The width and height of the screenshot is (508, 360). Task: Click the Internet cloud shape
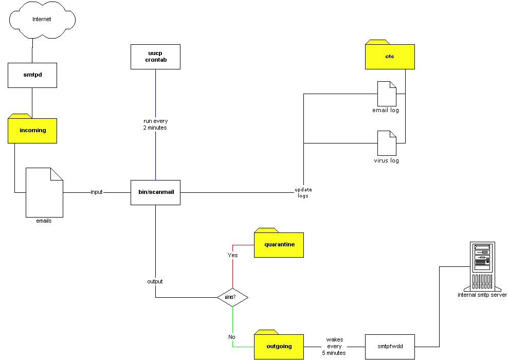pyautogui.click(x=42, y=20)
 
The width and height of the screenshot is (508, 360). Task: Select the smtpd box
pyautogui.click(x=32, y=75)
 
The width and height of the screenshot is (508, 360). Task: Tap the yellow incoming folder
pyautogui.click(x=32, y=130)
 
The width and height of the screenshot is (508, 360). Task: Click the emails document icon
pyautogui.click(x=44, y=193)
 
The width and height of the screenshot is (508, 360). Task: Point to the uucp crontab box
pyautogui.click(x=155, y=57)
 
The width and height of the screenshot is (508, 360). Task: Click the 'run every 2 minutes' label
pyautogui.click(x=155, y=124)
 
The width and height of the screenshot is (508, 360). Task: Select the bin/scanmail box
pyautogui.click(x=155, y=192)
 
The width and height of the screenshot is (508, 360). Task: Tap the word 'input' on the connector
pyautogui.click(x=97, y=192)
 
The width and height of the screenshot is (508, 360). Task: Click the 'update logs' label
pyautogui.click(x=303, y=193)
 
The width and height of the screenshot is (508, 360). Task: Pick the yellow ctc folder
pyautogui.click(x=389, y=56)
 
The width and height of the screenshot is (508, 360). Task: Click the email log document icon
pyautogui.click(x=387, y=94)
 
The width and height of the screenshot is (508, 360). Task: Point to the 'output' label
pyautogui.click(x=155, y=281)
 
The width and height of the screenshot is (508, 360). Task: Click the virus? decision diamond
pyautogui.click(x=232, y=297)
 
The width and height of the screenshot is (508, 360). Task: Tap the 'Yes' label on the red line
pyautogui.click(x=232, y=255)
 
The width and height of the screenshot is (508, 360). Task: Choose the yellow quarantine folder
pyautogui.click(x=279, y=244)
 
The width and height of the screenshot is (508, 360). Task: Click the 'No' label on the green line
pyautogui.click(x=232, y=337)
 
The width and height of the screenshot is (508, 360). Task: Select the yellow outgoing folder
pyautogui.click(x=279, y=346)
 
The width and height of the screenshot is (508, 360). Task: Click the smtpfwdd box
pyautogui.click(x=389, y=346)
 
